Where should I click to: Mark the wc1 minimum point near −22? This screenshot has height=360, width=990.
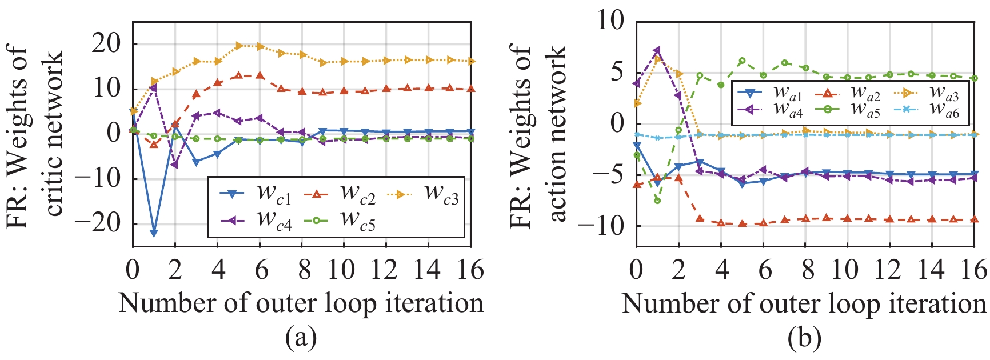point(154,233)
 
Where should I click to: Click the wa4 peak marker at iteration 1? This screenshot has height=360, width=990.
point(657,51)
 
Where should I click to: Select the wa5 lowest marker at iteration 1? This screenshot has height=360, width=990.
point(657,201)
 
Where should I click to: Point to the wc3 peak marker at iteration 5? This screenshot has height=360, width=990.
point(239,45)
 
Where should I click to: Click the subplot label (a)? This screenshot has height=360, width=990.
point(301,339)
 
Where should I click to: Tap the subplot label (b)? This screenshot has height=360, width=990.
point(804,339)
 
